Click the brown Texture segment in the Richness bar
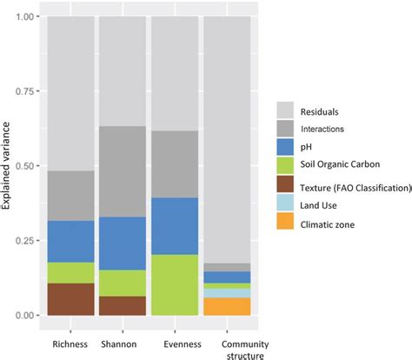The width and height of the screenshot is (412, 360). click(x=70, y=298)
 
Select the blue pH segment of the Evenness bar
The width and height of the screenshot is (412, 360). click(x=176, y=226)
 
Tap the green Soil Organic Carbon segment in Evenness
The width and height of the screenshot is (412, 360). click(x=176, y=284)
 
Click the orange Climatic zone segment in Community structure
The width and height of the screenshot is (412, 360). click(x=228, y=306)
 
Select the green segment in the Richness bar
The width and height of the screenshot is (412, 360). click(x=70, y=272)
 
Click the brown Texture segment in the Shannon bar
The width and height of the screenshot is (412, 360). click(x=123, y=305)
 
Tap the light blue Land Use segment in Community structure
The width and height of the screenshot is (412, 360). click(x=228, y=293)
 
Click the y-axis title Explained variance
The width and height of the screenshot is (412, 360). click(x=8, y=165)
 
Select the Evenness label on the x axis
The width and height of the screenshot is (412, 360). click(x=176, y=331)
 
